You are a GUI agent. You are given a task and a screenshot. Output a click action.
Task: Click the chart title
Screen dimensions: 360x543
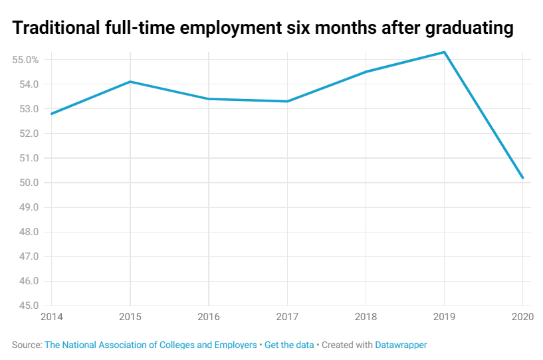[263, 29]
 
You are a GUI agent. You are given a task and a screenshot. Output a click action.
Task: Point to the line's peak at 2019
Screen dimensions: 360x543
[444, 52]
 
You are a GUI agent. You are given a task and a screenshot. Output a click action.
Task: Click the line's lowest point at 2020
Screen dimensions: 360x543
[523, 178]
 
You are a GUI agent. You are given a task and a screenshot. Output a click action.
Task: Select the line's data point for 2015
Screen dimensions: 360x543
[130, 82]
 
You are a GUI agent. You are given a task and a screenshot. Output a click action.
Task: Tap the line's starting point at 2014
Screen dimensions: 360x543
[51, 114]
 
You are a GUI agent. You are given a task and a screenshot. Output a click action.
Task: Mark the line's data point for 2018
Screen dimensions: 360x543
[366, 72]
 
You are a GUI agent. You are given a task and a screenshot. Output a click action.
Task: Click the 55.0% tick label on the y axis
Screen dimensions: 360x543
[26, 60]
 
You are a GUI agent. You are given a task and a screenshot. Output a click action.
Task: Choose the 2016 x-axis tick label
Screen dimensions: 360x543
[209, 317]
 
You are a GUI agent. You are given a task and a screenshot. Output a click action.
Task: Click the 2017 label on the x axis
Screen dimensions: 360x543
[287, 317]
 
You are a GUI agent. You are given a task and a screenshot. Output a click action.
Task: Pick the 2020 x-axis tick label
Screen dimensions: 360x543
[522, 317]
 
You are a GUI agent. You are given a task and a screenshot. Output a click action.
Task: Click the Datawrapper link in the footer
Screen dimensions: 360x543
[401, 345]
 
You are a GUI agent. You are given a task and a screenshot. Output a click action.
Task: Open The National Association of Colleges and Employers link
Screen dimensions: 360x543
[150, 345]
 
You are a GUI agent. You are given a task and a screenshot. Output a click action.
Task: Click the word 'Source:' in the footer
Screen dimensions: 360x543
[27, 345]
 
